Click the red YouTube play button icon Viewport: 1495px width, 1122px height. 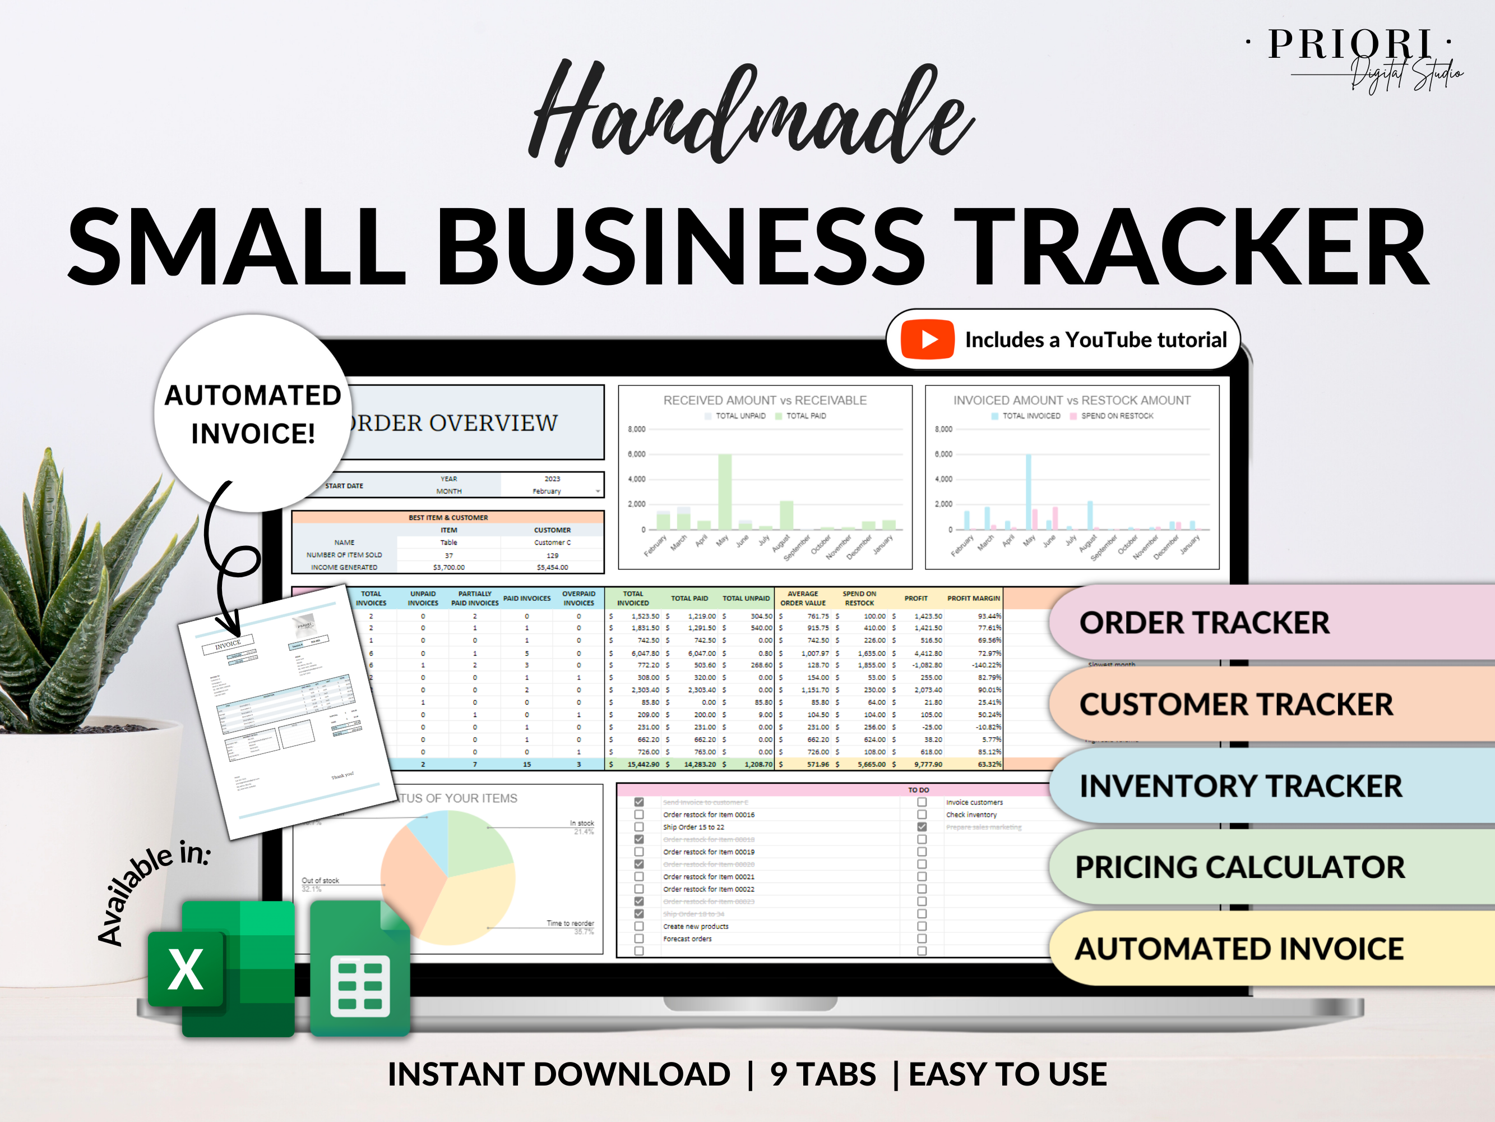pyautogui.click(x=927, y=339)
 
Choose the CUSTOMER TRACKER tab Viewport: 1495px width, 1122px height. pyautogui.click(x=1236, y=704)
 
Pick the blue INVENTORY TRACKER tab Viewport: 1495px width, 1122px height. pyautogui.click(x=1240, y=786)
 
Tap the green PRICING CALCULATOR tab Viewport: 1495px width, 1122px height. pyautogui.click(x=1239, y=867)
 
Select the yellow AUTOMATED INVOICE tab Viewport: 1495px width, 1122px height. pyautogui.click(x=1239, y=949)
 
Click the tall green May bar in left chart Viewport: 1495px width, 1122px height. pyautogui.click(x=724, y=491)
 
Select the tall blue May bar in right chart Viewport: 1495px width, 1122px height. pyautogui.click(x=1028, y=491)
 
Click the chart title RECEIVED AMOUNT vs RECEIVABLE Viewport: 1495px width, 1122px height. pyautogui.click(x=765, y=401)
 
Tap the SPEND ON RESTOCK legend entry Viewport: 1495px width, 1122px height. pyautogui.click(x=1117, y=416)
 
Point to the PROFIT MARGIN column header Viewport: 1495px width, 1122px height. pyautogui.click(x=973, y=598)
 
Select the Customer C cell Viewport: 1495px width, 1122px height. pyautogui.click(x=552, y=542)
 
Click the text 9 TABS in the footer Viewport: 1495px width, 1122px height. pyautogui.click(x=822, y=1074)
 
